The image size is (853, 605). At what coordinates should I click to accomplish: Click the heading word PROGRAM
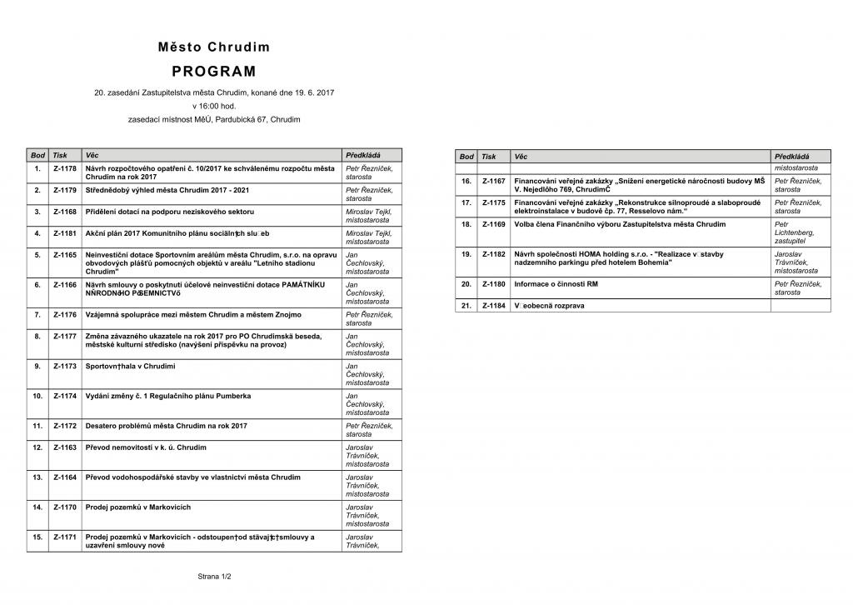coord(214,72)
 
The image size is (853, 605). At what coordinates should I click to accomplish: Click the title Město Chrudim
coord(214,47)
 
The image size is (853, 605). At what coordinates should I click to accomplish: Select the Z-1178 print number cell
coord(65,168)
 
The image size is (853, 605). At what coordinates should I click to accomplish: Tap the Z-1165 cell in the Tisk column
coord(65,254)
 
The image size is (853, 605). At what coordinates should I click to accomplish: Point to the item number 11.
coord(37,426)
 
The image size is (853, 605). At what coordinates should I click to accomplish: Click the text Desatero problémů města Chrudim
coord(167,426)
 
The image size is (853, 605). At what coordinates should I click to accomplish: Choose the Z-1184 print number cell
coord(494,306)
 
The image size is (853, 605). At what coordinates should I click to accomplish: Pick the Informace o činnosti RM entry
coord(556,284)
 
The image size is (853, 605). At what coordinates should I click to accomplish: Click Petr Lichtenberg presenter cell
coord(794,232)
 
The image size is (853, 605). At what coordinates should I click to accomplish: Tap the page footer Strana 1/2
coord(214,576)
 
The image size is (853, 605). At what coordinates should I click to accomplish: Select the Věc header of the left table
coord(92,155)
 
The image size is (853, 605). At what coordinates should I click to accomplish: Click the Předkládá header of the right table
coord(791,157)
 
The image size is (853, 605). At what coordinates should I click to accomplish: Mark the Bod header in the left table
coord(37,155)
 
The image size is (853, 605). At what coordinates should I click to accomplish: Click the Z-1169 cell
coord(494,224)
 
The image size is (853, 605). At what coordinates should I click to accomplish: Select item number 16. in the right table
coord(466,181)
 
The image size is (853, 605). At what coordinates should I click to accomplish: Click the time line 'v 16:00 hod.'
coord(214,106)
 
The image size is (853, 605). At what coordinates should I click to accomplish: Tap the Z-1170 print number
coord(65,507)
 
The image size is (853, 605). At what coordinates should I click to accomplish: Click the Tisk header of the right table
coord(489,157)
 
